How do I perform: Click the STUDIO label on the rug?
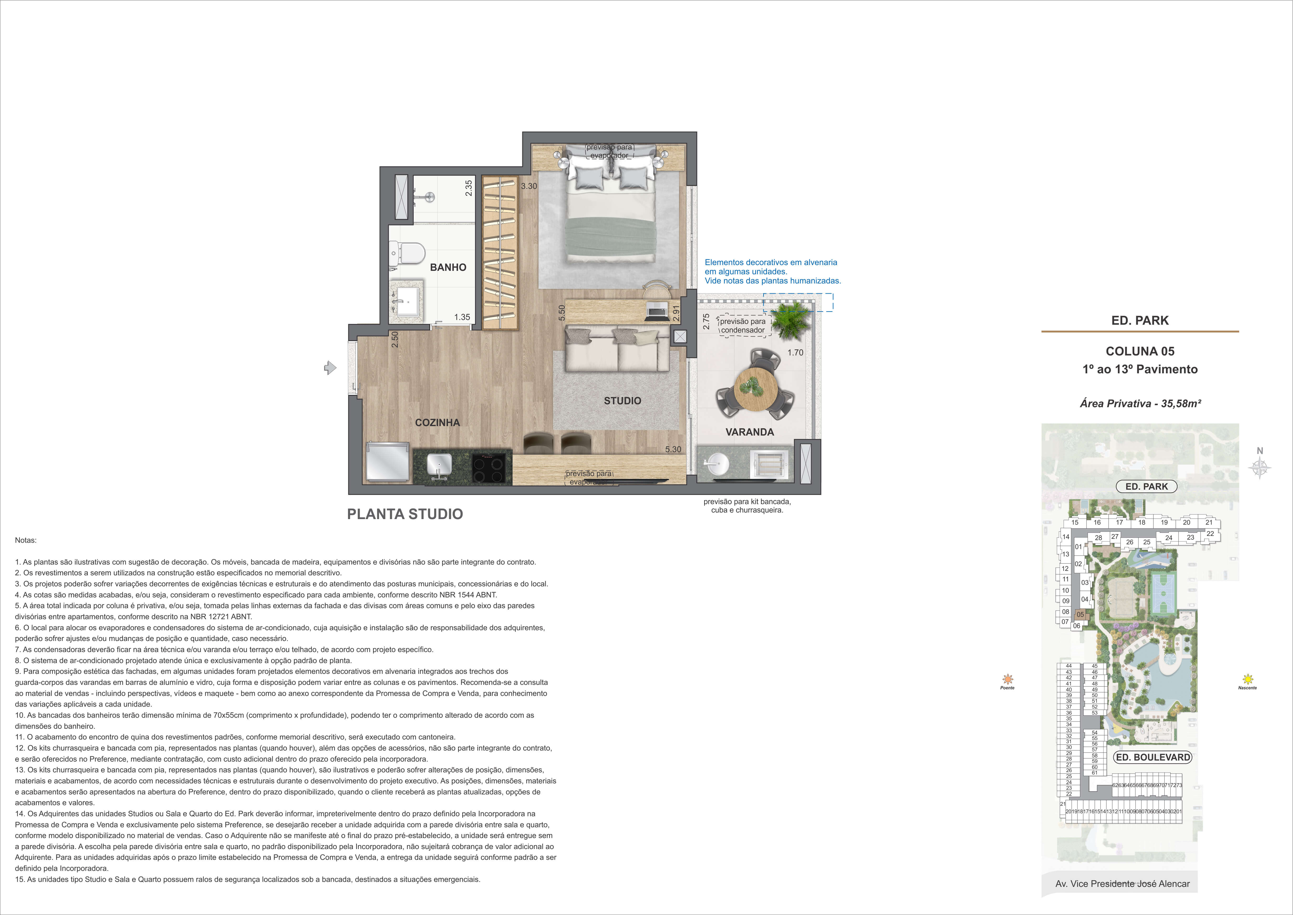tap(622, 401)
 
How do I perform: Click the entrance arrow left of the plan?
tap(330, 368)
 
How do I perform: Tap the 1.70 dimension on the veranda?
tap(795, 353)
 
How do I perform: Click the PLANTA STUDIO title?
tap(405, 514)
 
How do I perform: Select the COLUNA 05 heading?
tap(1140, 351)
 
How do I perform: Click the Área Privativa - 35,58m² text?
tap(1140, 404)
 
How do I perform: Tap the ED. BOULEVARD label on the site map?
tap(1153, 757)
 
